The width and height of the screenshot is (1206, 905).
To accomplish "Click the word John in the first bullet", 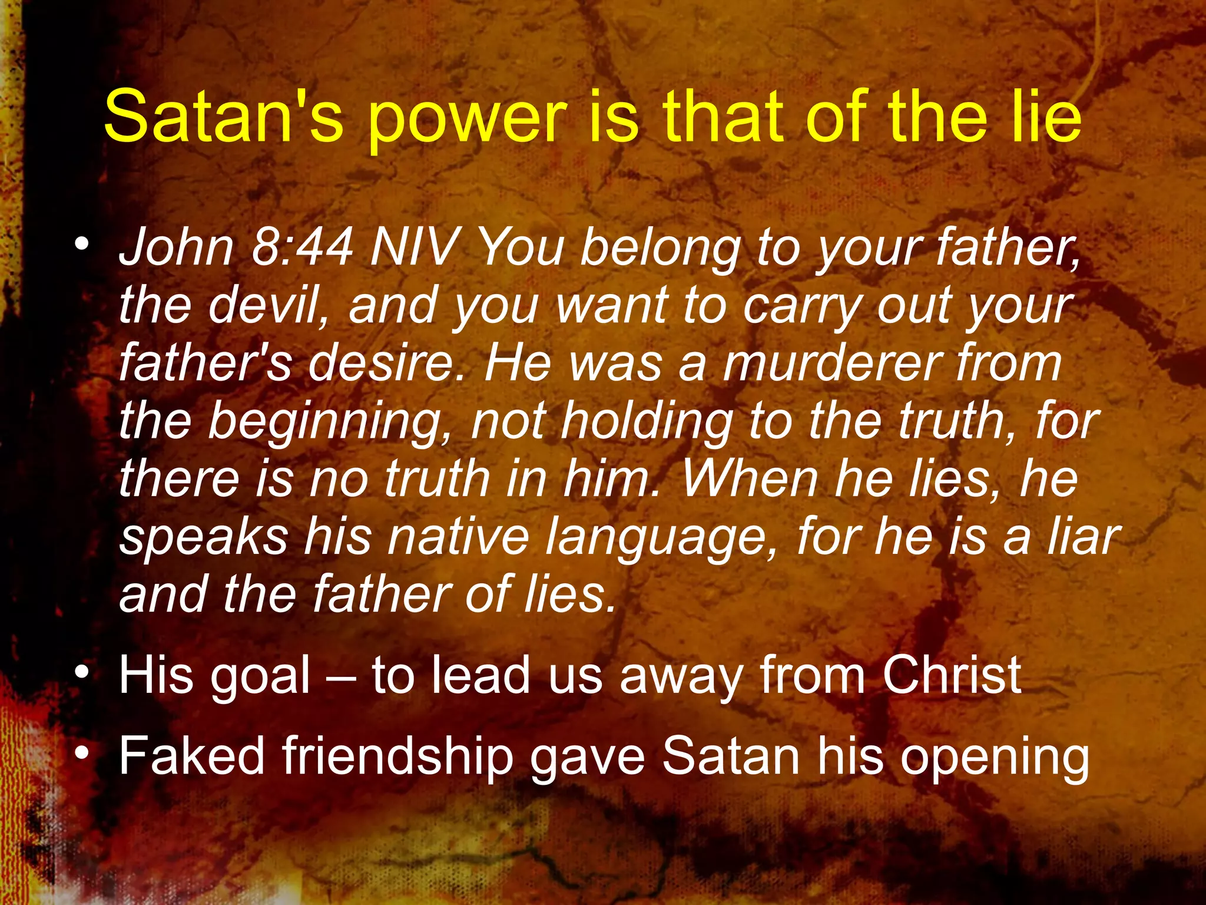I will (x=177, y=247).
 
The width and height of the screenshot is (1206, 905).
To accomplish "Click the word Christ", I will (x=951, y=675).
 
